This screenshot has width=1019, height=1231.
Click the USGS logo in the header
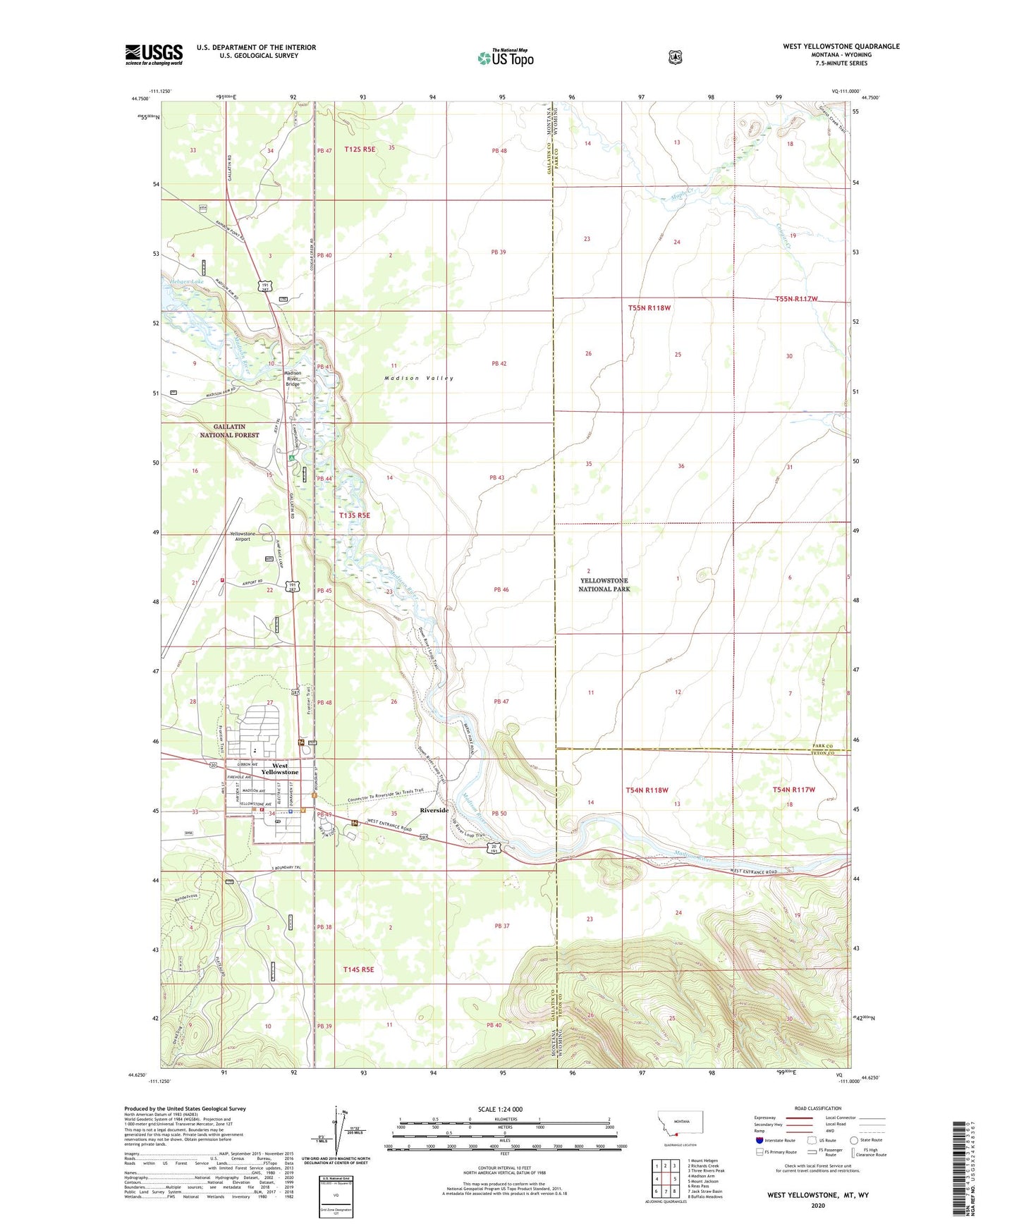pyautogui.click(x=154, y=54)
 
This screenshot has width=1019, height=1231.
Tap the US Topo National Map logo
pyautogui.click(x=505, y=58)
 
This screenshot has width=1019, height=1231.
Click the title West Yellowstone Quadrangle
pyautogui.click(x=841, y=47)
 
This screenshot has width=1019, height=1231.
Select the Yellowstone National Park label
pyautogui.click(x=604, y=584)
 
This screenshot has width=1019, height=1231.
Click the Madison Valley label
pyautogui.click(x=419, y=379)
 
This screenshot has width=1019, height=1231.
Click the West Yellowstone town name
pyautogui.click(x=279, y=768)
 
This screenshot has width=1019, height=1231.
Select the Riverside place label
pyautogui.click(x=434, y=810)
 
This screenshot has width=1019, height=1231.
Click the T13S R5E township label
pyautogui.click(x=354, y=515)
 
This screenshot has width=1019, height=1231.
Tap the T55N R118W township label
pyautogui.click(x=649, y=308)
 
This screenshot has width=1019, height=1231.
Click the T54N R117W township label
pyautogui.click(x=794, y=790)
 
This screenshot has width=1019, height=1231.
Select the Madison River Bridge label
pyautogui.click(x=292, y=378)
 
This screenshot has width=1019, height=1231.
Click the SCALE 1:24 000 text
pyautogui.click(x=500, y=1109)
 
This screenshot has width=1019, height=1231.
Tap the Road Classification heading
pyautogui.click(x=817, y=1108)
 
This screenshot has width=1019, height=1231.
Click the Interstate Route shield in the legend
pyautogui.click(x=759, y=1140)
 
